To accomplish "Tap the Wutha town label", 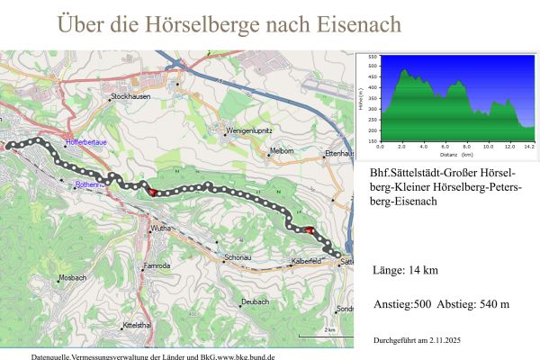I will [x=163, y=230].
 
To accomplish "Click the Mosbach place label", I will [x=71, y=278].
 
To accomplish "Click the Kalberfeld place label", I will [x=307, y=261].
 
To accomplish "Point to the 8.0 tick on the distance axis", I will [x=466, y=145].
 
